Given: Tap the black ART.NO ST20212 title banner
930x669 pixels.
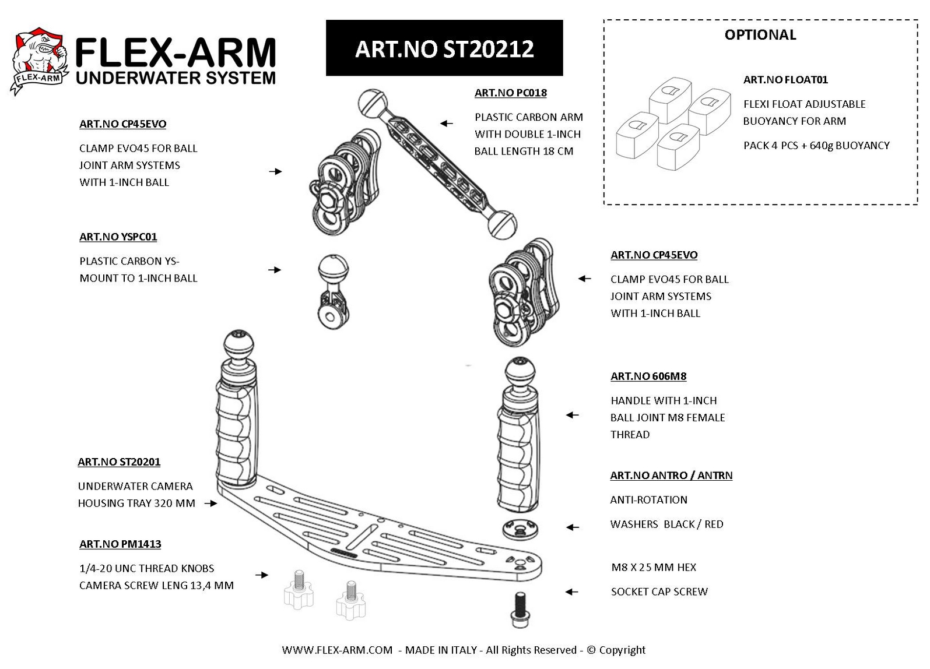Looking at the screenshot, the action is click(444, 48).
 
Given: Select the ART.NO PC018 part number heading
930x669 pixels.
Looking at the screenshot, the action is click(511, 93).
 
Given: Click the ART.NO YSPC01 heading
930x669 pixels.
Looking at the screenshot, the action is click(118, 237).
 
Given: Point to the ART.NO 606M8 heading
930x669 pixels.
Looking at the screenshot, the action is click(648, 376).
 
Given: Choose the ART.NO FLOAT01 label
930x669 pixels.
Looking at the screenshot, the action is click(785, 79).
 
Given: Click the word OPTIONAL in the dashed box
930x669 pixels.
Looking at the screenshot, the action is click(760, 34).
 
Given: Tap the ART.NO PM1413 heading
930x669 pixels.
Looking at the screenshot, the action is click(120, 544).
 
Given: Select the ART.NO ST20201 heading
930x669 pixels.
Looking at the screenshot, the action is click(119, 462).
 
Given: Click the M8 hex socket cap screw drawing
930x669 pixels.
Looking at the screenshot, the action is click(520, 609).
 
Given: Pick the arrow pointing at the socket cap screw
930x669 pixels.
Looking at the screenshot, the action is click(571, 592).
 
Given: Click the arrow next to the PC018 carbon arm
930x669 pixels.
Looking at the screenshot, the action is click(446, 124).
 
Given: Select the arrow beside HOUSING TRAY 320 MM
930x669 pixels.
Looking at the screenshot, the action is click(211, 503).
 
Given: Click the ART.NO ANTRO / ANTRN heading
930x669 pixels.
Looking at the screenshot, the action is click(671, 475).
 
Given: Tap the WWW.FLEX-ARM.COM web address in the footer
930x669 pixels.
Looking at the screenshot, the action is click(337, 650).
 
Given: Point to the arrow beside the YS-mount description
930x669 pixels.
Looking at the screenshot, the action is click(275, 270).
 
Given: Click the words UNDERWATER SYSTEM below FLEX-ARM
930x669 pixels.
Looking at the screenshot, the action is click(176, 78).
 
